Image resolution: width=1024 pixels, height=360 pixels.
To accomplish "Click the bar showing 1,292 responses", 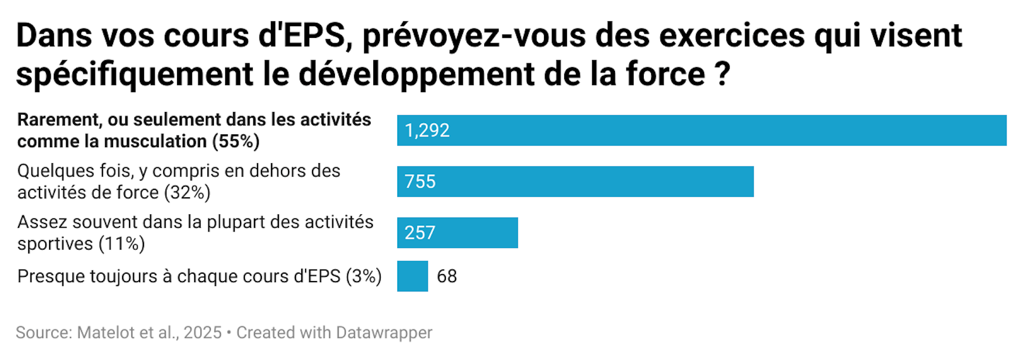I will click(701, 130).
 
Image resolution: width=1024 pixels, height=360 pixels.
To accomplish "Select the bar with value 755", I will click(575, 181).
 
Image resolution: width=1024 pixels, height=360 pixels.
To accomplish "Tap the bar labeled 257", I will click(457, 233).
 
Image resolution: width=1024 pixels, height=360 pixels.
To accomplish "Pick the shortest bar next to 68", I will click(412, 276).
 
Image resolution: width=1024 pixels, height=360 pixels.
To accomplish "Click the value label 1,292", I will click(427, 131).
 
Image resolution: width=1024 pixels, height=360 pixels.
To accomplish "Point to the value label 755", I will click(420, 182).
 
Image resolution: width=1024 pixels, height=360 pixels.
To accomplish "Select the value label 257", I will click(420, 233).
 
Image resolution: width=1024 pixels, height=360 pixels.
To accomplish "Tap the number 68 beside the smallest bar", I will click(447, 276).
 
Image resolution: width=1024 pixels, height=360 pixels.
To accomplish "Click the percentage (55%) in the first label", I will click(236, 142).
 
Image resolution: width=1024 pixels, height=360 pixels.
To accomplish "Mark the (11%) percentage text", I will click(122, 244).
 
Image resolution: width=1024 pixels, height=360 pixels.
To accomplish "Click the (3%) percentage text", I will click(364, 276).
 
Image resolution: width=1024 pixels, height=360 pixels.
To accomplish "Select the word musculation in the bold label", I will click(155, 142).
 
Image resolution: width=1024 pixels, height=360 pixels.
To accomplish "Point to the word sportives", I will click(55, 244).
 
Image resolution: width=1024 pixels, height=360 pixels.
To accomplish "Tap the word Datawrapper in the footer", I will click(384, 332).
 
